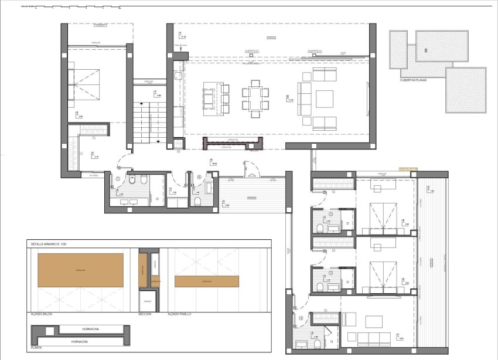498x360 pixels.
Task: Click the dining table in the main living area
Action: click(255, 97)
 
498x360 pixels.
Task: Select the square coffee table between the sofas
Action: click(324, 99)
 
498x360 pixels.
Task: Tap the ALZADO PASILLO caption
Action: click(179, 314)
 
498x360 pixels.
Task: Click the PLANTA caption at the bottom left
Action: click(36, 348)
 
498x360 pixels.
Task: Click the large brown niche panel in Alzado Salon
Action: click(80, 270)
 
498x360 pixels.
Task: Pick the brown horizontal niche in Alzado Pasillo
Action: click(206, 281)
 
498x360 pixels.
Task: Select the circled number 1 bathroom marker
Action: click(118, 178)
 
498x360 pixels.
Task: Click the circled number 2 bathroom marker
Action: click(330, 215)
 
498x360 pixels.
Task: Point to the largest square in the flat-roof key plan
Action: click(466, 90)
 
